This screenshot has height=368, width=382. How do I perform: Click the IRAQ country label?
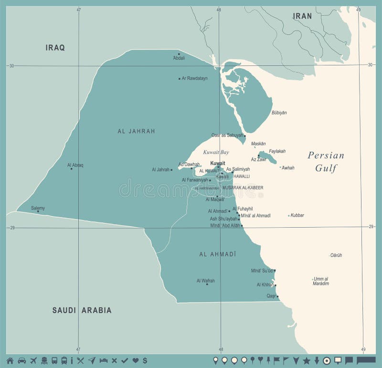(x=55, y=47)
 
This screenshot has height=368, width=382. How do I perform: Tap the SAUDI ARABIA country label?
(x=82, y=310)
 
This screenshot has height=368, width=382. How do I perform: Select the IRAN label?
(x=302, y=16)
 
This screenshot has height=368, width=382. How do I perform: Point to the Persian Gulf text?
(x=326, y=161)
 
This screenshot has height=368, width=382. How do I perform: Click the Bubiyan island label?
(x=279, y=113)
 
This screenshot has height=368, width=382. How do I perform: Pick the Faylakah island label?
(x=277, y=151)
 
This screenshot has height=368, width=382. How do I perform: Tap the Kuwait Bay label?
(x=216, y=152)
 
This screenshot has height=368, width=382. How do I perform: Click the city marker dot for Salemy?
(x=38, y=211)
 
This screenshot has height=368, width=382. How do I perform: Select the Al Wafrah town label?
(x=205, y=281)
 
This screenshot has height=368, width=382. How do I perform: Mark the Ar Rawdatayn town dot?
(x=180, y=78)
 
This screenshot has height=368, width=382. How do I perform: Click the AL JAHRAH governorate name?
(x=136, y=131)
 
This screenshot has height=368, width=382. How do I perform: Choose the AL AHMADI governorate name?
(x=218, y=254)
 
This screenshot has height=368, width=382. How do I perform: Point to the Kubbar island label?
(x=297, y=215)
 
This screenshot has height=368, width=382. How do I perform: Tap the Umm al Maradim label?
(x=321, y=281)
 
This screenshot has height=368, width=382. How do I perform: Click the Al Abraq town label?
(x=75, y=165)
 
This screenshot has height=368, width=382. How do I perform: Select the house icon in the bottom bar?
(x=10, y=360)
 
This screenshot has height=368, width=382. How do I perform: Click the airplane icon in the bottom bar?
(x=33, y=360)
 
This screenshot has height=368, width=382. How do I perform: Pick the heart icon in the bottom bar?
(x=135, y=360)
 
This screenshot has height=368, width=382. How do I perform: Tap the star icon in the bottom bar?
(x=306, y=360)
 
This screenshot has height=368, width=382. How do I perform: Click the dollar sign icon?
(x=145, y=360)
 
